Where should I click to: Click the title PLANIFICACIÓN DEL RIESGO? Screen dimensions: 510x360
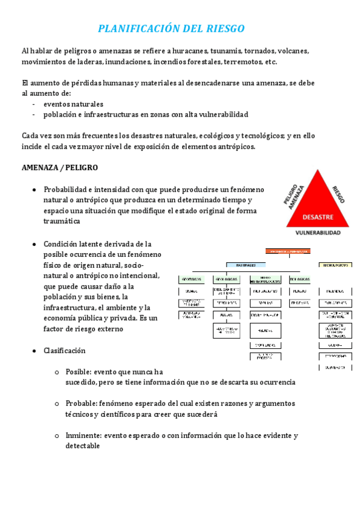point(171,29)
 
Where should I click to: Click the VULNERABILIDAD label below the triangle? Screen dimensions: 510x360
point(318,232)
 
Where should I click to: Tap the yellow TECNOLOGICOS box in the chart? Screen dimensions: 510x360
point(335,265)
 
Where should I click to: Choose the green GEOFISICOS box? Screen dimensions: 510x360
point(192,279)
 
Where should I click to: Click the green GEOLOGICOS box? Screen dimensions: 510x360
point(227,279)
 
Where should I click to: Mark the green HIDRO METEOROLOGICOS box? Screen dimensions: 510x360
point(265,279)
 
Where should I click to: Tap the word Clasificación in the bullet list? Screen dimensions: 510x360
point(64,351)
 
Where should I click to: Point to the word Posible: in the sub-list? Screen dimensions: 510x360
point(80,372)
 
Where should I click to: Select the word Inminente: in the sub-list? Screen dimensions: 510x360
point(84,435)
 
